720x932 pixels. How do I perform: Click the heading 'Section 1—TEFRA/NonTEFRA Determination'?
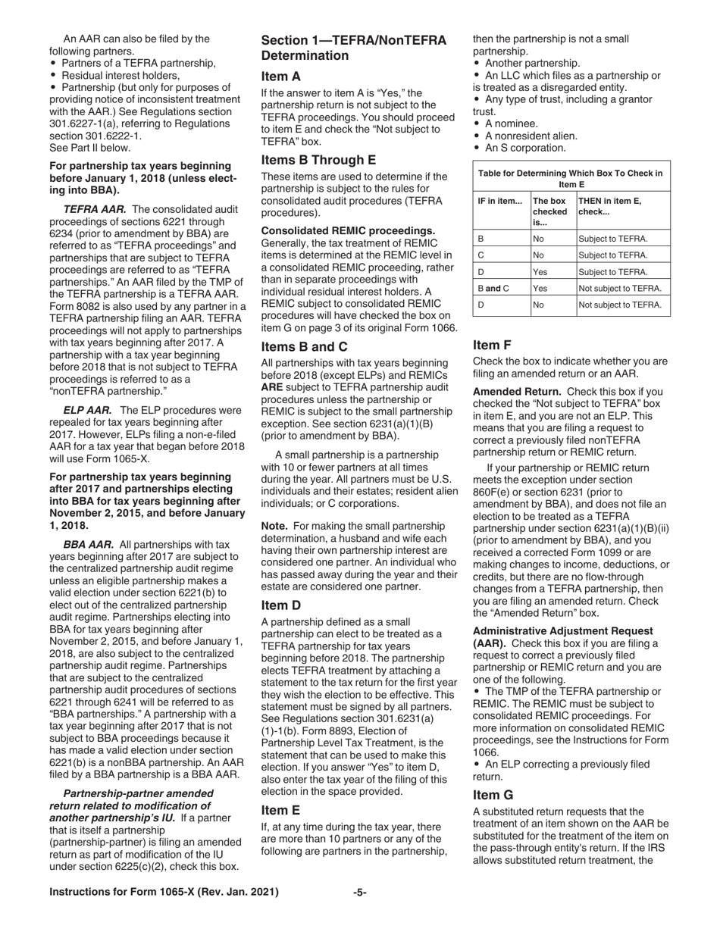click(x=334, y=47)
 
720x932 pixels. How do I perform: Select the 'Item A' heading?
click(x=280, y=76)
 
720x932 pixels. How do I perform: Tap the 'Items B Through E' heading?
click(x=318, y=160)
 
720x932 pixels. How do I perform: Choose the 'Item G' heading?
click(x=493, y=795)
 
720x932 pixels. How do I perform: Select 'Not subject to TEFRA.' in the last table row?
click(x=620, y=305)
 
